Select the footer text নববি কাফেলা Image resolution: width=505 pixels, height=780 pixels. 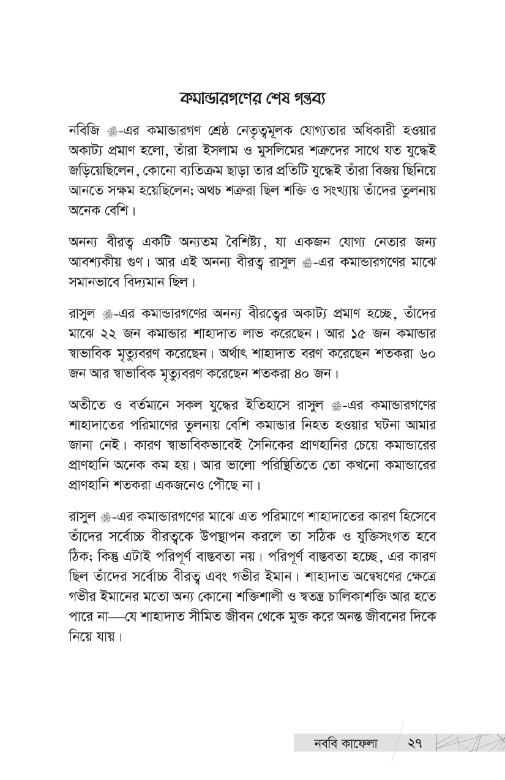337,745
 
